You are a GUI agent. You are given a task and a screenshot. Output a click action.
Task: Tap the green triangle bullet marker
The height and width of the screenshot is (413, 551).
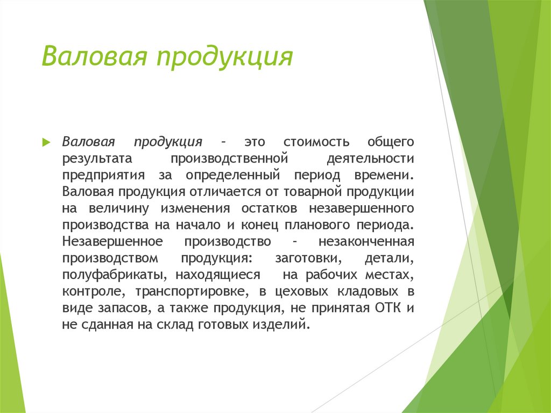(46, 143)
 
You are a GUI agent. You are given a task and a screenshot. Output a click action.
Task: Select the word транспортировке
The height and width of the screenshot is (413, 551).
(192, 291)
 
